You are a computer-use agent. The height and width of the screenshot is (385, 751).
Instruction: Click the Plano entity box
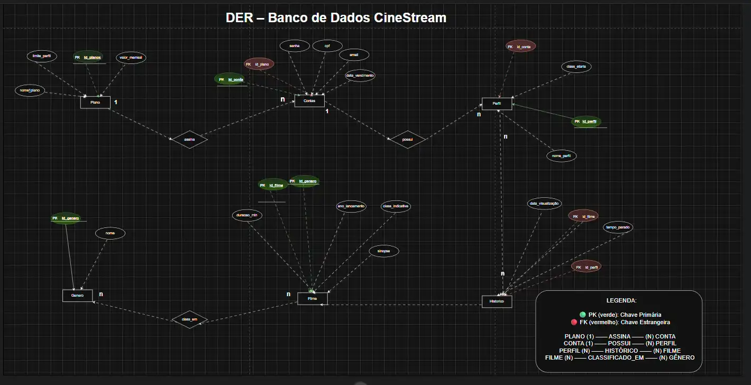click(x=95, y=102)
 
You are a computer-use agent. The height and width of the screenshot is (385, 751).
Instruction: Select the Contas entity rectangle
click(x=309, y=100)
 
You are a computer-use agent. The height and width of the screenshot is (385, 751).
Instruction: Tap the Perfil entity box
click(x=497, y=104)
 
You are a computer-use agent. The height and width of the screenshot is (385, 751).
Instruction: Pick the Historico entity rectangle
click(x=497, y=301)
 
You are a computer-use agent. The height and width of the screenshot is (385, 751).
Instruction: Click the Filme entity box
click(x=313, y=299)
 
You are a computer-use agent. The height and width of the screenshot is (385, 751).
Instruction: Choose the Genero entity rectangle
click(x=77, y=296)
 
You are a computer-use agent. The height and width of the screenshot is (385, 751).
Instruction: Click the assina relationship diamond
click(x=189, y=140)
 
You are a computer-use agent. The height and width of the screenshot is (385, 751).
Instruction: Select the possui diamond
click(x=407, y=140)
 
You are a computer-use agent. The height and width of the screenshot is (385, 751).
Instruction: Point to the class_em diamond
click(x=189, y=319)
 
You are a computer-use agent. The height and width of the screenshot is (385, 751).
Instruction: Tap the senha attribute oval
click(x=294, y=46)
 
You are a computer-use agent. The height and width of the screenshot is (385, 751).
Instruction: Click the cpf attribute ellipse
click(x=327, y=46)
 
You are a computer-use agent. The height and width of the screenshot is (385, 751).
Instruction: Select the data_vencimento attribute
click(x=360, y=76)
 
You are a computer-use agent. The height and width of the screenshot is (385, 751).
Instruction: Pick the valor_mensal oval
click(x=130, y=57)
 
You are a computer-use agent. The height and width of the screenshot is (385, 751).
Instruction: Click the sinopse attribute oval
click(x=383, y=252)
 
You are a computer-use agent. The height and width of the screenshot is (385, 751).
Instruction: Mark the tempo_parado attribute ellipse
click(x=618, y=227)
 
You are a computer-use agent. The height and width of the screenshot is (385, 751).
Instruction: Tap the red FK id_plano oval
click(x=259, y=64)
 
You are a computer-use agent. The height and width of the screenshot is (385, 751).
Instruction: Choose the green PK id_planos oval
click(x=88, y=57)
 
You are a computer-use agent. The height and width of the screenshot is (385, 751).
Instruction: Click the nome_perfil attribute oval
click(x=561, y=156)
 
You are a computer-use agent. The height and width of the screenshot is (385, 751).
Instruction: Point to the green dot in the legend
click(x=582, y=315)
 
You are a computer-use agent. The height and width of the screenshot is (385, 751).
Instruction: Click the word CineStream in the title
click(x=410, y=17)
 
